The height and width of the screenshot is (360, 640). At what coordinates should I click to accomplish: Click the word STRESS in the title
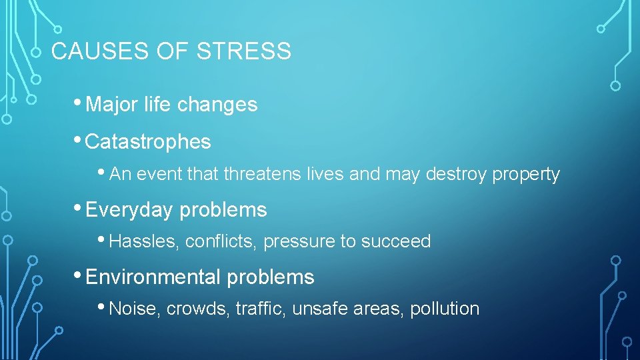click(244, 51)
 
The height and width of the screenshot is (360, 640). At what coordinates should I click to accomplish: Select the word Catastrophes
click(148, 142)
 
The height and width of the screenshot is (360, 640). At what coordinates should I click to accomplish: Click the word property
click(526, 175)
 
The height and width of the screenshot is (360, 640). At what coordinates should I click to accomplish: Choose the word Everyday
click(129, 210)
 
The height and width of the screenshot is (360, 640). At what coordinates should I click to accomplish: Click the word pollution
click(445, 309)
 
